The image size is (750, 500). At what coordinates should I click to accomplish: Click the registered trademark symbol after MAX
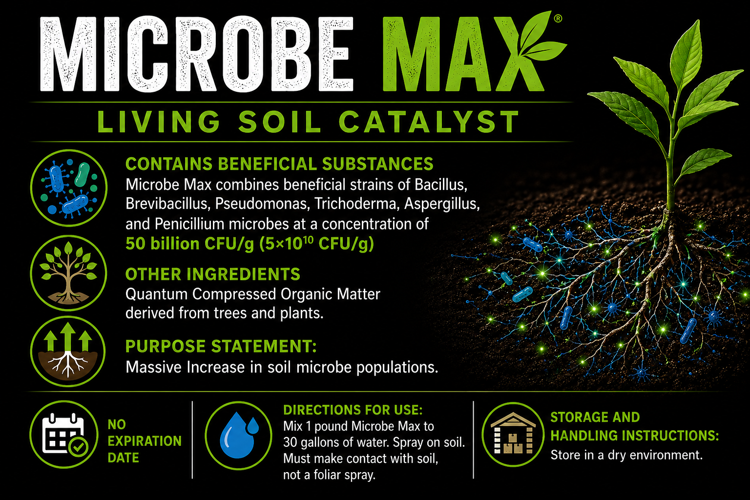point(558,19)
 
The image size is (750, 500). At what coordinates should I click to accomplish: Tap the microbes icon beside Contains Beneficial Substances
point(69,188)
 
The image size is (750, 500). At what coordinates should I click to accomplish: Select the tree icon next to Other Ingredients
point(69,273)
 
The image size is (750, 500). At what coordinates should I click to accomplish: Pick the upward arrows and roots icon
point(68,351)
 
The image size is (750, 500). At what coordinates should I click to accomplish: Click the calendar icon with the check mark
point(64,435)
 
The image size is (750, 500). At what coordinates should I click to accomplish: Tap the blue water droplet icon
point(238,436)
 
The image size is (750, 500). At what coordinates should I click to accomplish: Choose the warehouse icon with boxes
point(513,435)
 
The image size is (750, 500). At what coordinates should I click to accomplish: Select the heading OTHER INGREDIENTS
point(212,274)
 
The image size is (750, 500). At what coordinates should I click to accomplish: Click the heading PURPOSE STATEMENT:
point(221,346)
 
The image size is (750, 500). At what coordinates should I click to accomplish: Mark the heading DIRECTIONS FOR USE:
point(353,410)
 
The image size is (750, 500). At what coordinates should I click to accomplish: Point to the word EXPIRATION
point(145,441)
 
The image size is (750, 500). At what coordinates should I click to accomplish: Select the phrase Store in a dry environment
point(626,455)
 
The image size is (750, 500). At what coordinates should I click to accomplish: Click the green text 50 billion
point(163,244)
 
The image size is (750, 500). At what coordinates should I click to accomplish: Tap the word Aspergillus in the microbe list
point(442,204)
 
